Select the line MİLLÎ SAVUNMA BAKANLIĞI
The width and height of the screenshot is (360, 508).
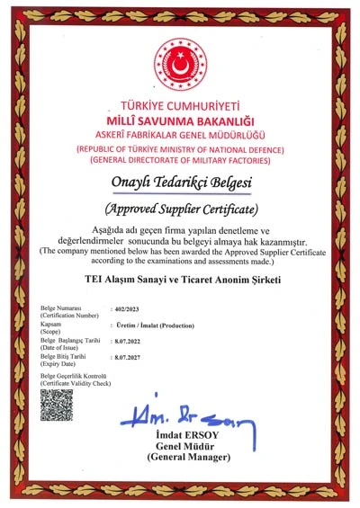pyautogui.click(x=180, y=120)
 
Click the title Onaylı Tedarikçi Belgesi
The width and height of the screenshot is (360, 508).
pyautogui.click(x=180, y=183)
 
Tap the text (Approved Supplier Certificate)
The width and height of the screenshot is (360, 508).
pyautogui.click(x=180, y=210)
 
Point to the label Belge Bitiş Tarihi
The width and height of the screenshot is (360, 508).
pyautogui.click(x=64, y=356)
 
